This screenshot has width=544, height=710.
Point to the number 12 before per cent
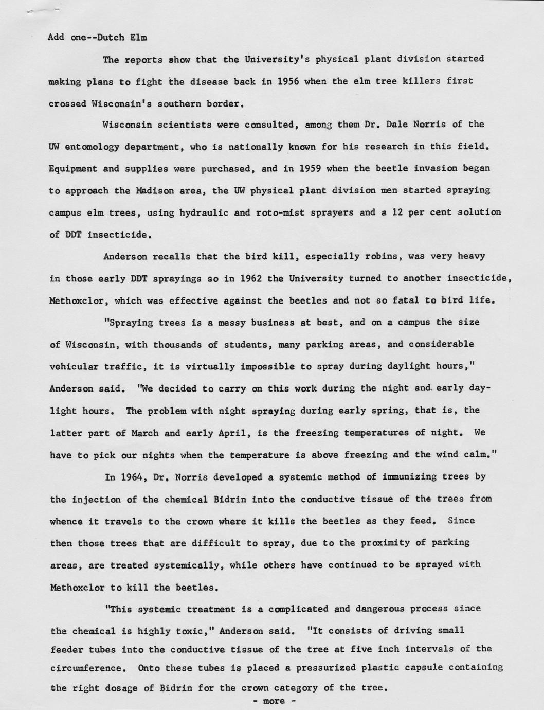(412, 212)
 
